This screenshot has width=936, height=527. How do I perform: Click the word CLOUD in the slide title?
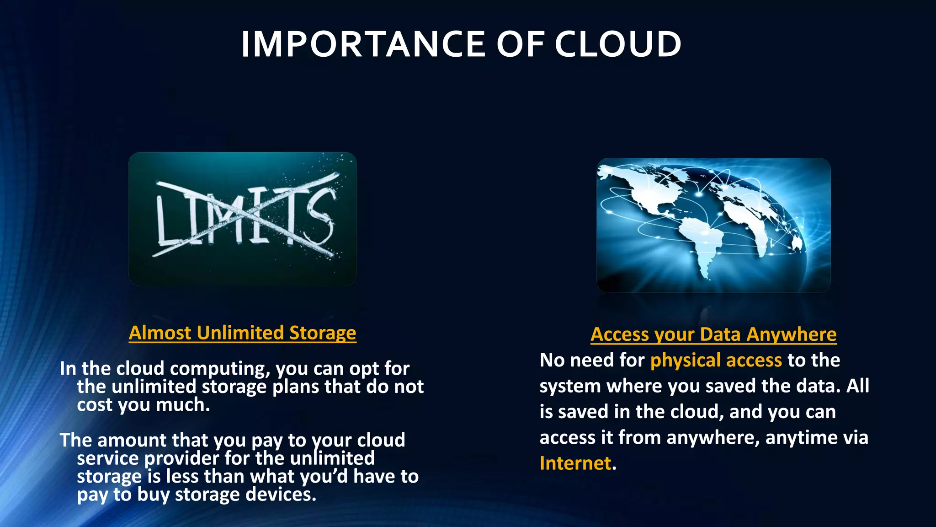coord(618,44)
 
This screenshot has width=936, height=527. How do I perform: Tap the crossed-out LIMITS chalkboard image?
coord(242,219)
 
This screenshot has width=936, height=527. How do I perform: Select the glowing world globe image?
coord(713,225)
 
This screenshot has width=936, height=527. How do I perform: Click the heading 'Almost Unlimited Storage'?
coord(242,333)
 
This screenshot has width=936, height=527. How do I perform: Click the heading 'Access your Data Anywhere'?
coord(713,334)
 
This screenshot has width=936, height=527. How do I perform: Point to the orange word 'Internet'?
coord(575,463)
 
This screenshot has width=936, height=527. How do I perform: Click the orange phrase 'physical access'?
coord(716,360)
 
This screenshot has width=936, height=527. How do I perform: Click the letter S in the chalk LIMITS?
coord(320,219)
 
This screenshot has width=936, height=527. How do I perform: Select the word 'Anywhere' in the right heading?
coord(791,334)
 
